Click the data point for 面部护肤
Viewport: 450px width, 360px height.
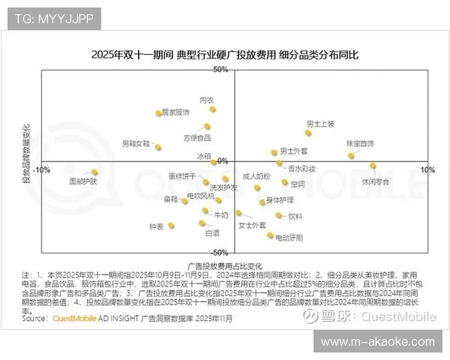pos(94,172)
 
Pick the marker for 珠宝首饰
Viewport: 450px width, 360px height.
pos(350,156)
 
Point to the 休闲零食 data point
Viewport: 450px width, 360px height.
pos(373,166)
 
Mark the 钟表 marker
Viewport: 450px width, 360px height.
pos(172,225)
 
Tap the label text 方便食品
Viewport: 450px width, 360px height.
pos(196,138)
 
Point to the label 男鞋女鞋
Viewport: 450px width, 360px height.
pos(136,142)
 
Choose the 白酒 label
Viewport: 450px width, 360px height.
pos(212,233)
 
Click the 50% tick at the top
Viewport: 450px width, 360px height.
pos(220,70)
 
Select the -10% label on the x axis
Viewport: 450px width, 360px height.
pos(42,169)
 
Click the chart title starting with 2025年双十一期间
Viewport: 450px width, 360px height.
pos(225,55)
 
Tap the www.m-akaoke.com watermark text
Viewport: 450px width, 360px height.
pos(377,341)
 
